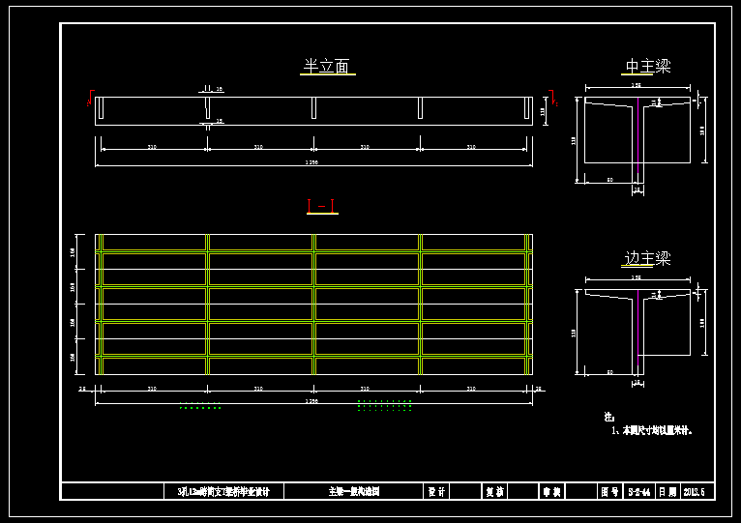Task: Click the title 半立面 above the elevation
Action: pos(326,67)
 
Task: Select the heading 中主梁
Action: pos(647,67)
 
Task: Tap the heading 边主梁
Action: pos(647,259)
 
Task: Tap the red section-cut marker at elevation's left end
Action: pos(89,102)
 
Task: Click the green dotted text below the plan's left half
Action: pos(200,407)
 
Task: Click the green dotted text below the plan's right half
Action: pos(385,406)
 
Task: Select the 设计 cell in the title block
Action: pos(436,491)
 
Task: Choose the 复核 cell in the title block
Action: pos(493,491)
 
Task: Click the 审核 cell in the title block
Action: pos(551,491)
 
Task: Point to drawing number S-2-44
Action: pos(638,491)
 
